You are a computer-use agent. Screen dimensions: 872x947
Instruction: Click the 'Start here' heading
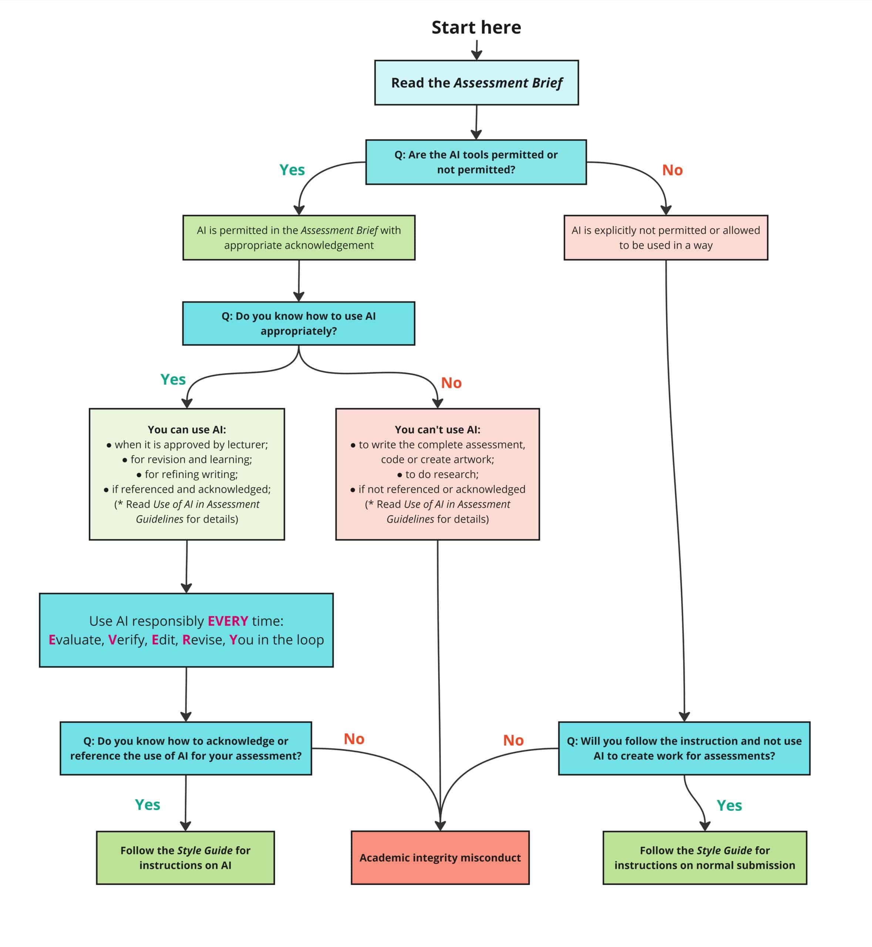click(476, 27)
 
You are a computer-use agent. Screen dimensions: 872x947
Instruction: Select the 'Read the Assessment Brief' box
click(477, 82)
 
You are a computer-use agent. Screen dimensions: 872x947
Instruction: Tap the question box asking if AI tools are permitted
click(476, 162)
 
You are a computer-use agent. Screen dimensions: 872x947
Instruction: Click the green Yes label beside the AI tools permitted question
click(292, 170)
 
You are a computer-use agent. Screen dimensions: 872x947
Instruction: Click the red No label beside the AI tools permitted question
click(672, 170)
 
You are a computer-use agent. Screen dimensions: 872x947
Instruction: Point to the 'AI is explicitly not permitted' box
click(666, 238)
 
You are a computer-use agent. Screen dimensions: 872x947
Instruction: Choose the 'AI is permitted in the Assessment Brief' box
click(299, 238)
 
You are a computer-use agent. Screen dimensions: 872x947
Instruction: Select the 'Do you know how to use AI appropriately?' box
click(299, 324)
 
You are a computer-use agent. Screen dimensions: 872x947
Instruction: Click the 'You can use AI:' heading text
click(187, 430)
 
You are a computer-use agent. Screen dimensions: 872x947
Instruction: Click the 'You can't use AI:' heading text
click(437, 430)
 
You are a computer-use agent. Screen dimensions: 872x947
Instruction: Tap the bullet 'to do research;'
click(438, 474)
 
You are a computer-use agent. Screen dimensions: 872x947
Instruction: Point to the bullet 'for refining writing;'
click(187, 474)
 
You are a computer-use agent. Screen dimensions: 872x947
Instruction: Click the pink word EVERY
click(228, 621)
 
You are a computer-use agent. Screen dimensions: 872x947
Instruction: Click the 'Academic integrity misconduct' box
click(440, 858)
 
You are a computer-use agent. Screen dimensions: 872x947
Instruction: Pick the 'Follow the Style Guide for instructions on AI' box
click(185, 858)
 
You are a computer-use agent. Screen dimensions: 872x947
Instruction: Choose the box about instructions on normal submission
click(705, 858)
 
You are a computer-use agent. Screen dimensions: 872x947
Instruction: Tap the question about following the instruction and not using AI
click(684, 748)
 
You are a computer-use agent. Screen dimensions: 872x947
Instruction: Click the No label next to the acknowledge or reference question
click(354, 739)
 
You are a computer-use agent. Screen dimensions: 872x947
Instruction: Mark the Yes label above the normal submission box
click(730, 805)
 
